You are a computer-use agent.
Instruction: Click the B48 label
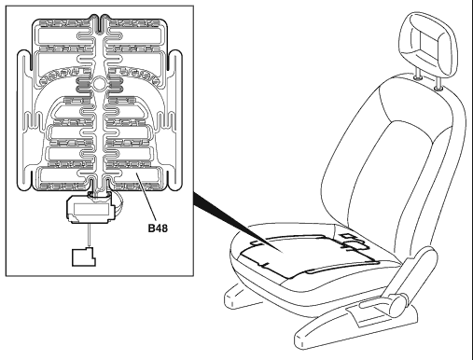(158, 228)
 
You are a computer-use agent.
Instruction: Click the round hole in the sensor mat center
(99, 84)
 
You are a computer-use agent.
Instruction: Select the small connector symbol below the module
(84, 256)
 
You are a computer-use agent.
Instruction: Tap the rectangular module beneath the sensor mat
(90, 209)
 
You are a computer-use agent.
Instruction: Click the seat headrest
(429, 44)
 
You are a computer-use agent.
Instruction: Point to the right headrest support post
(438, 84)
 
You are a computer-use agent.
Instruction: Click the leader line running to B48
(146, 198)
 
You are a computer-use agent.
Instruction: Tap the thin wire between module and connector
(90, 235)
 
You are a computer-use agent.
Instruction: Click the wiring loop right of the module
(118, 203)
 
